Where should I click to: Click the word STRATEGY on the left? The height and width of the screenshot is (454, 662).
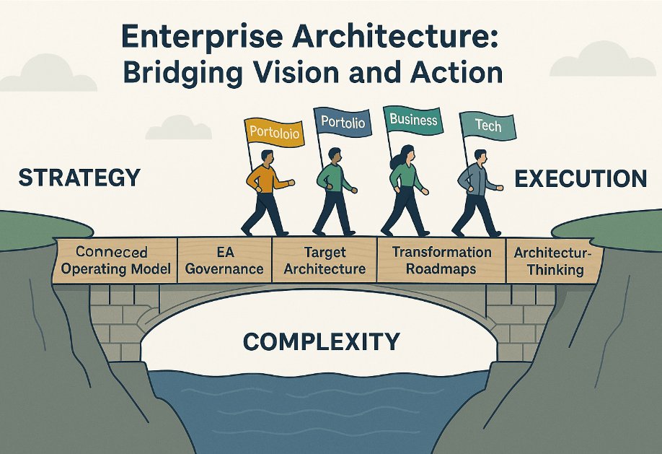pyautogui.click(x=79, y=178)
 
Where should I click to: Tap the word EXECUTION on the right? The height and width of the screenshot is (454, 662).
pyautogui.click(x=580, y=178)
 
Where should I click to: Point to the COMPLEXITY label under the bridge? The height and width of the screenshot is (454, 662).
pyautogui.click(x=321, y=340)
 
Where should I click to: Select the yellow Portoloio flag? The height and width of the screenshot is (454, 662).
pyautogui.click(x=273, y=131)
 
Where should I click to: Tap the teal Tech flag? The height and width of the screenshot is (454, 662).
pyautogui.click(x=489, y=126)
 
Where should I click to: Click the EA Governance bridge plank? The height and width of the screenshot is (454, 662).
pyautogui.click(x=224, y=261)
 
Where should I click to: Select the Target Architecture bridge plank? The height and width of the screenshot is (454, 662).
pyautogui.click(x=325, y=261)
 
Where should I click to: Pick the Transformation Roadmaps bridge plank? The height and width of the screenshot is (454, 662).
pyautogui.click(x=441, y=260)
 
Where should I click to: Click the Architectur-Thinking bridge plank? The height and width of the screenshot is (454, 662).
pyautogui.click(x=550, y=261)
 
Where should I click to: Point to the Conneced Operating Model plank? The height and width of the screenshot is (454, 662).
pyautogui.click(x=112, y=261)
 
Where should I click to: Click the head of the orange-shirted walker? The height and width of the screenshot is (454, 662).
pyautogui.click(x=266, y=157)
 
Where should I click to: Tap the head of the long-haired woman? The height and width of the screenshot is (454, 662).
pyautogui.click(x=405, y=154)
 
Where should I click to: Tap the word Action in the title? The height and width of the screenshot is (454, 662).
pyautogui.click(x=450, y=73)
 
